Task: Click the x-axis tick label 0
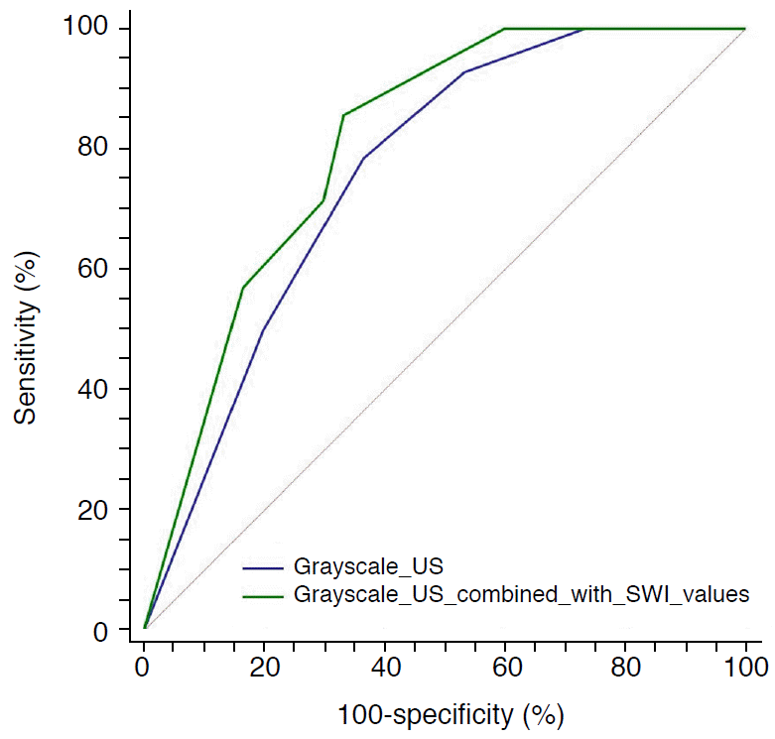click(x=144, y=665)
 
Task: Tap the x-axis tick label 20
click(x=264, y=665)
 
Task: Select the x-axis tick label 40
click(x=384, y=665)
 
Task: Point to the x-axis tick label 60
click(x=505, y=665)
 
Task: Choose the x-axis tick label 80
click(x=625, y=665)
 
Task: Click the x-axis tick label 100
click(x=744, y=665)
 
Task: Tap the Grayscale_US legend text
click(x=368, y=566)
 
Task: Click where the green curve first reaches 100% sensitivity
click(x=504, y=29)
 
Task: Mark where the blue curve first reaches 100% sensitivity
click(x=584, y=29)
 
